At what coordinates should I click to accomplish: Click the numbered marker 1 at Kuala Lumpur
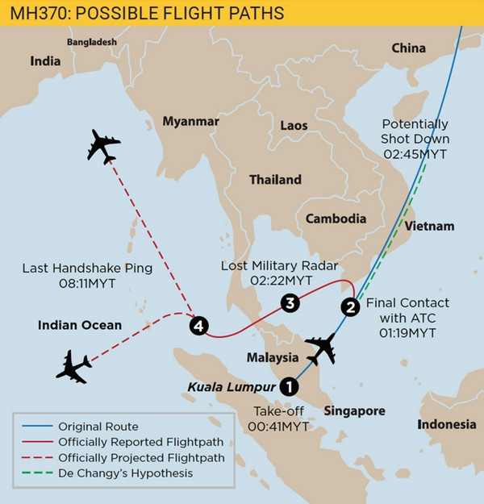click(288, 386)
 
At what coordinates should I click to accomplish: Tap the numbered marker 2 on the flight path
click(350, 306)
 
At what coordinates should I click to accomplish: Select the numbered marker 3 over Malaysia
click(290, 302)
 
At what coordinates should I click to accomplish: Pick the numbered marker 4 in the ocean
click(198, 325)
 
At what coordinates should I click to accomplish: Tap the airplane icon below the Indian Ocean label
click(73, 367)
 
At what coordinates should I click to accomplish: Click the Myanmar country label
click(191, 121)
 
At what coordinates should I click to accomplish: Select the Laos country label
click(294, 126)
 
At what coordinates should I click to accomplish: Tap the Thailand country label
click(275, 180)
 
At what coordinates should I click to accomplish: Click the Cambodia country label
click(336, 219)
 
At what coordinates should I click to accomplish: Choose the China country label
click(408, 48)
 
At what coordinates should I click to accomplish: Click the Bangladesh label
click(92, 42)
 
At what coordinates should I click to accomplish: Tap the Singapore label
click(354, 411)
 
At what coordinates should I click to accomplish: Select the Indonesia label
click(446, 424)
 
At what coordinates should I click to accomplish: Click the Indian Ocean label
click(80, 326)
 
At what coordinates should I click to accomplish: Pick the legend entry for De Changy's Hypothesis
click(125, 473)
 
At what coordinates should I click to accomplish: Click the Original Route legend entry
click(98, 426)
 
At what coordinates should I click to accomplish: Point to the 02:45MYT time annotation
click(415, 153)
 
